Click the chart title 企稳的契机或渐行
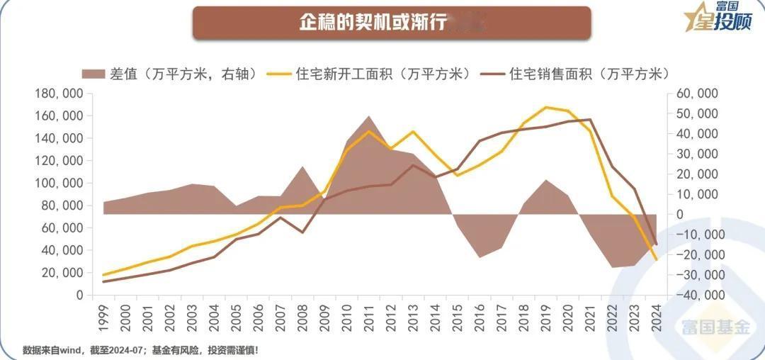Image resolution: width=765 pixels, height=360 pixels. pyautogui.click(x=373, y=23)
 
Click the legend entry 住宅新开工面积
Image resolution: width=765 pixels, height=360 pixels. pyautogui.click(x=375, y=74)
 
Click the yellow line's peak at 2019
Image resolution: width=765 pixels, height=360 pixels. pyautogui.click(x=545, y=108)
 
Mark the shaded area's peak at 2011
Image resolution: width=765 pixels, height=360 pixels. pyautogui.click(x=369, y=116)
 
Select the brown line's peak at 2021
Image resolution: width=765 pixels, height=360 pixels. pyautogui.click(x=590, y=119)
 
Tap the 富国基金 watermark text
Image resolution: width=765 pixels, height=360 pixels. pyautogui.click(x=715, y=327)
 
